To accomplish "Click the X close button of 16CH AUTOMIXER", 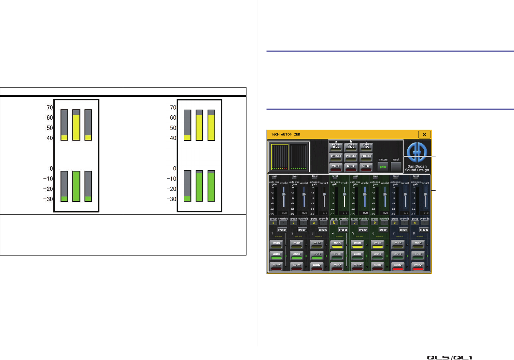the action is coord(424,135).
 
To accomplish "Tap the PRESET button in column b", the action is coord(351,156).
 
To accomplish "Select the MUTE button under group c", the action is coord(366,167).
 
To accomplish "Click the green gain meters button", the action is coord(383,167).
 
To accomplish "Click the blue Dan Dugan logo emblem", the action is coord(417,153).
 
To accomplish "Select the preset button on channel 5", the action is coord(363,230).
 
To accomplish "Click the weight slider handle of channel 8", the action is coord(426,194).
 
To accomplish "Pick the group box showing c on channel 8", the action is coord(415,223).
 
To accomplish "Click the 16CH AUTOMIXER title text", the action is coord(286,135).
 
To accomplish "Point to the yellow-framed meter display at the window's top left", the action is coord(279,157).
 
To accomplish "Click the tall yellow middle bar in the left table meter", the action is coord(76,127).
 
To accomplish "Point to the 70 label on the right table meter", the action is coord(173,108).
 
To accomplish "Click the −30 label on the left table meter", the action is coord(48,199).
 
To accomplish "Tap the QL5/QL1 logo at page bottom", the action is coord(449,358).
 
